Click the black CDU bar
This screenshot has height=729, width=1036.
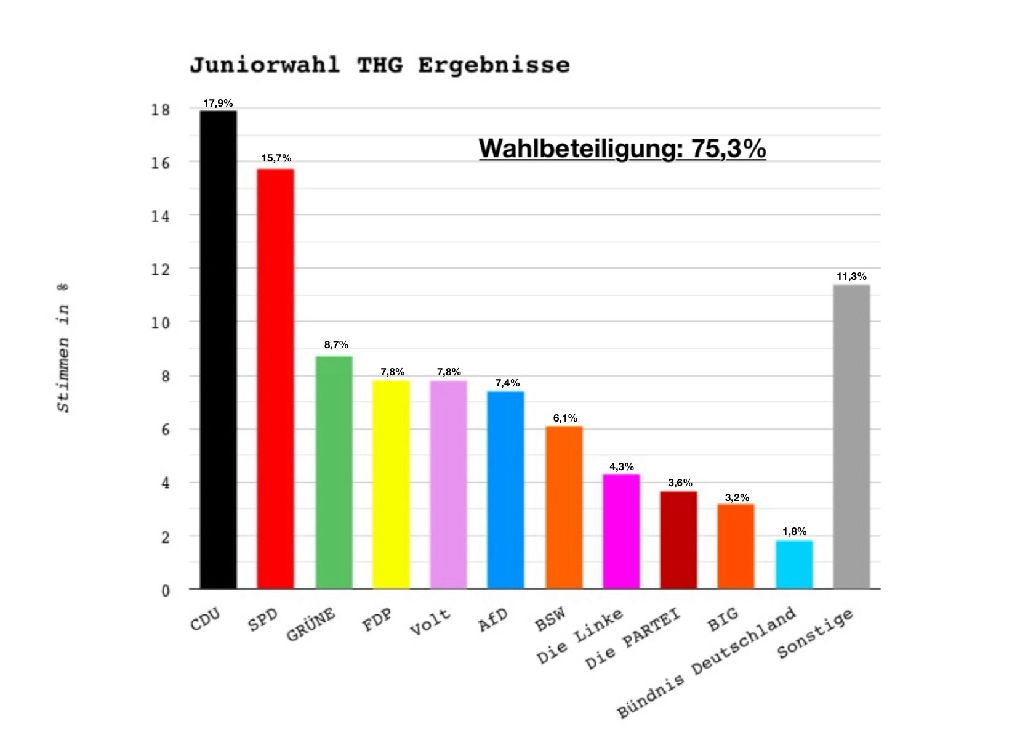point(219,349)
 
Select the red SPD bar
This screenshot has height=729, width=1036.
point(276,379)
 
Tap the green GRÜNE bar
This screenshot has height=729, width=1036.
point(334,473)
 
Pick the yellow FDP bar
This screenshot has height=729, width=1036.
point(391,484)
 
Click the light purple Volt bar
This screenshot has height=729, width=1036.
point(448,484)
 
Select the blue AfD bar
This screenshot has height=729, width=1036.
point(505,490)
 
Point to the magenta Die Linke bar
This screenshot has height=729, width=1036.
point(621,531)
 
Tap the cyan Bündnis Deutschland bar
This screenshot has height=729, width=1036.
point(794,564)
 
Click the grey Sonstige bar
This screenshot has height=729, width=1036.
point(851,437)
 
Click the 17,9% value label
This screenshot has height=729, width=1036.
point(219,103)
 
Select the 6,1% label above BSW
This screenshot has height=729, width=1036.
point(565,418)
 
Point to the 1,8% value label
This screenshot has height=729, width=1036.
point(794,531)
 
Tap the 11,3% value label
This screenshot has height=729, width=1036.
point(851,276)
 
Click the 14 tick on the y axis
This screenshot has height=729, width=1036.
point(161,216)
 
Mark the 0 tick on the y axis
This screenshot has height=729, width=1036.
point(166,590)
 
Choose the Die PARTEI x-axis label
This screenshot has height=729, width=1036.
point(633,640)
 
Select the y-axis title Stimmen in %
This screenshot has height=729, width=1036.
point(63,348)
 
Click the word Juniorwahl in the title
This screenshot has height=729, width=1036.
point(265,65)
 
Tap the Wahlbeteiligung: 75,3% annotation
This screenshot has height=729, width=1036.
point(622,148)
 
